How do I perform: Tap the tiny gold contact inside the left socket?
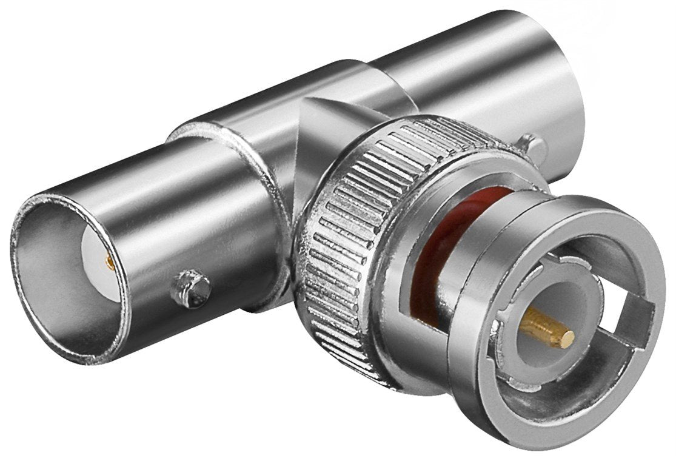(110, 261)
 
